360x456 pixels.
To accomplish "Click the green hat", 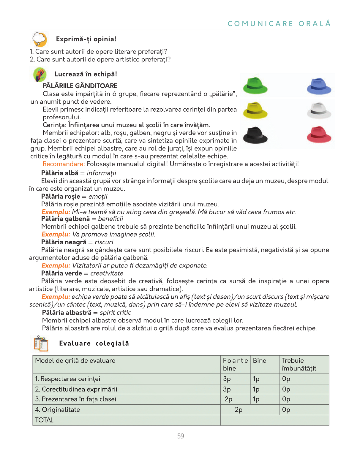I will (255, 86).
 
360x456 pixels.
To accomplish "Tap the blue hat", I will (319, 86).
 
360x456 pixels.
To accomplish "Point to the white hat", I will (319, 111).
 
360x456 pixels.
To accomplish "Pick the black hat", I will (255, 135).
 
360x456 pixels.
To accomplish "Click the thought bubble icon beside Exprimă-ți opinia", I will (40, 39).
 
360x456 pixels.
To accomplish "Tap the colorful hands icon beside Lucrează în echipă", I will (40, 75).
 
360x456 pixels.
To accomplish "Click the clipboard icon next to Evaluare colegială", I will (41, 343).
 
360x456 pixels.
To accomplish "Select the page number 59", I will (181, 436).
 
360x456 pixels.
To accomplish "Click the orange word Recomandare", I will (64, 164).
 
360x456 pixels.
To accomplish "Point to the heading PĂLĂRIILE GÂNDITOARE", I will (80, 86).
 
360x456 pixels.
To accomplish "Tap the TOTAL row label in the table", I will (44, 420).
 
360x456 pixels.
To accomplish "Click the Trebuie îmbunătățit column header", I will (299, 364).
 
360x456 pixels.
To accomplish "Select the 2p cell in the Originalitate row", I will (239, 410).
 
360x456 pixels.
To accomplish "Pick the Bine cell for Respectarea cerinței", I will (256, 379).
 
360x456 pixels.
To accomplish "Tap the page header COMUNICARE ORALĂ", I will (279, 24).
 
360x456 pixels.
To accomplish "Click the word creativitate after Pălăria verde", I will (107, 273).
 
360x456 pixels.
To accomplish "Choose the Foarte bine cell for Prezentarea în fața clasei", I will (228, 399).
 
